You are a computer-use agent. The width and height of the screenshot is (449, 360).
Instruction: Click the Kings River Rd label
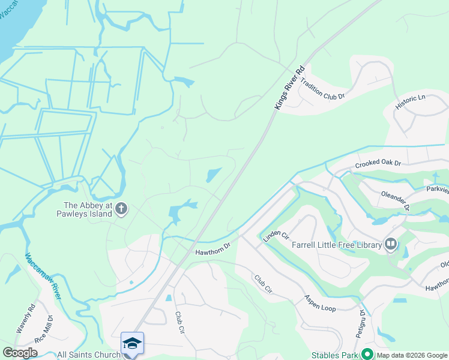(x=291, y=86)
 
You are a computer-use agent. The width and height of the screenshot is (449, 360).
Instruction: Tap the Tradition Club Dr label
(x=322, y=88)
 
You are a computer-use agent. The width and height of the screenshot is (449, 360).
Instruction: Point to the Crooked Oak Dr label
(x=378, y=163)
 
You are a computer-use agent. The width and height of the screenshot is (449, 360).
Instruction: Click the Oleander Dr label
(x=395, y=199)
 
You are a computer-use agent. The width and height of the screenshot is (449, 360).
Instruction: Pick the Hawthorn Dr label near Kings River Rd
(x=212, y=248)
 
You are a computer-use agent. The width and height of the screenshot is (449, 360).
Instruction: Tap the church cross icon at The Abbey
(x=121, y=209)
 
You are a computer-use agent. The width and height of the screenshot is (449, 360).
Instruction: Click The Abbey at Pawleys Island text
(x=85, y=209)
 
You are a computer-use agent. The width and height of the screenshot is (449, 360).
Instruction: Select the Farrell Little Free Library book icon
(x=391, y=244)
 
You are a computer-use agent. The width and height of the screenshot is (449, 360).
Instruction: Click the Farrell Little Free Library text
(x=337, y=245)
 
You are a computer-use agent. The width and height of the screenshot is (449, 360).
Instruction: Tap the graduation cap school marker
(x=132, y=343)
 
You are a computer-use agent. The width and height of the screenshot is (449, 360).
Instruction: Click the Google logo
(x=20, y=353)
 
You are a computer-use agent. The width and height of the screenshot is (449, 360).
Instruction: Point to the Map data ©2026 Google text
(x=412, y=355)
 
